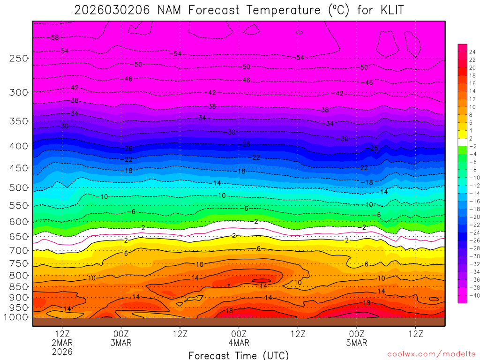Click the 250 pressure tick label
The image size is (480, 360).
[18, 59]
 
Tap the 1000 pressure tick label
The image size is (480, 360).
[16, 317]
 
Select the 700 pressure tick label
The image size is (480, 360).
[18, 251]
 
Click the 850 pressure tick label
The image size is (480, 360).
[18, 286]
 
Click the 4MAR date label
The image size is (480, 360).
[239, 343]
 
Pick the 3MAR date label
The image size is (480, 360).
[121, 343]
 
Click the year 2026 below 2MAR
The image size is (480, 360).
[62, 351]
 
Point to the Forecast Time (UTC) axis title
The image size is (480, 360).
[239, 355]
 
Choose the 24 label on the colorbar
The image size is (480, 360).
[472, 52]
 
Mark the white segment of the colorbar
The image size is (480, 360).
[462, 142]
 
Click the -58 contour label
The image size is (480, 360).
[54, 37]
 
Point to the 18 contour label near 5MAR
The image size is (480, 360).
[367, 303]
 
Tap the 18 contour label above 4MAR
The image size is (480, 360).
[229, 311]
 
